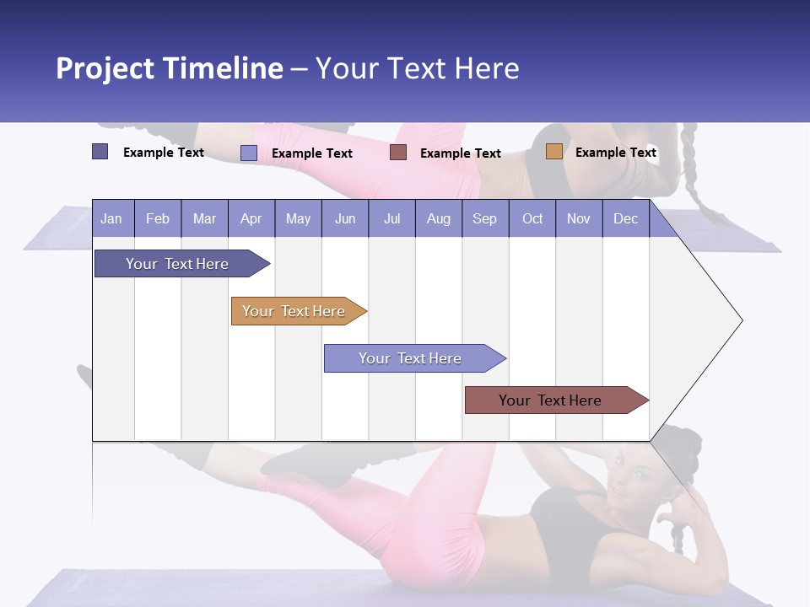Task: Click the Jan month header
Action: [111, 218]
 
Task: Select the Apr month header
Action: [251, 218]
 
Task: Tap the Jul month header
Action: [391, 218]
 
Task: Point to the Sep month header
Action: [484, 218]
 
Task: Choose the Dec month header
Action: [625, 218]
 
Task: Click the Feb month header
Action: [158, 218]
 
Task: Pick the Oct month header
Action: [532, 218]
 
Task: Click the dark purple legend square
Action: [100, 152]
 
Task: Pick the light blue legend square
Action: [249, 153]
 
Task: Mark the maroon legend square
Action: [398, 153]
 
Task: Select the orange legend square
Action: [554, 152]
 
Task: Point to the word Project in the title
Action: [105, 68]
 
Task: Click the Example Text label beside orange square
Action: [615, 153]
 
